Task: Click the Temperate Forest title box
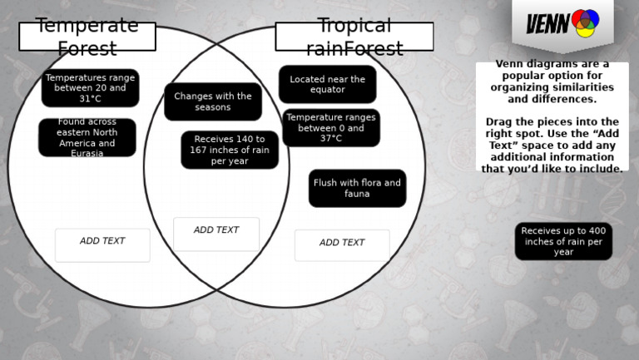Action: point(87,37)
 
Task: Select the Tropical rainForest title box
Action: point(354,37)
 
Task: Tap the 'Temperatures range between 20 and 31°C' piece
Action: point(90,88)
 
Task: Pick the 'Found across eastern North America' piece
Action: point(87,137)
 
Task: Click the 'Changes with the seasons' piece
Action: point(213,101)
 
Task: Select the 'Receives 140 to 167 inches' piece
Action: point(230,150)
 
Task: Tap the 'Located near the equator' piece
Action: point(327,84)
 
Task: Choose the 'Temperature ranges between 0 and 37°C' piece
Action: point(330,128)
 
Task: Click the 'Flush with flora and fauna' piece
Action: point(357,188)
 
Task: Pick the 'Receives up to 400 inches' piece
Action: point(563,241)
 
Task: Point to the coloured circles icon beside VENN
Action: point(585,23)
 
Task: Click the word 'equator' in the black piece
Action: point(327,90)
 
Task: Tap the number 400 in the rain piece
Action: point(597,231)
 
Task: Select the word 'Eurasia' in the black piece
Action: point(87,154)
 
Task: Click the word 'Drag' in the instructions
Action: point(498,121)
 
